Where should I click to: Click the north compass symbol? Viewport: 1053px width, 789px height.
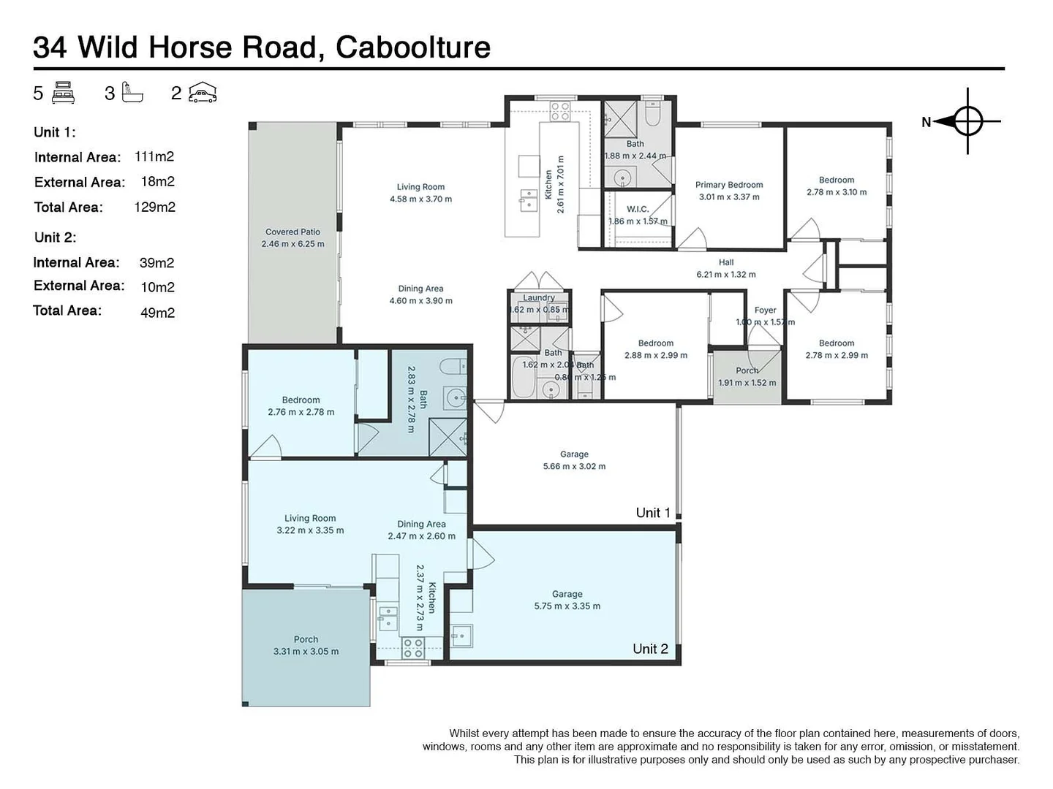[x=967, y=121]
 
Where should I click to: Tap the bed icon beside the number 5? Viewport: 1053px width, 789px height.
[x=64, y=93]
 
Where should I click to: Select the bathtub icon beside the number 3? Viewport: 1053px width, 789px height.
[x=132, y=93]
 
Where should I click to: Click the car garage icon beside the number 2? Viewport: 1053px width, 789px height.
[x=203, y=93]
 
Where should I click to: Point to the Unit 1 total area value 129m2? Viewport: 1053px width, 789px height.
[x=154, y=207]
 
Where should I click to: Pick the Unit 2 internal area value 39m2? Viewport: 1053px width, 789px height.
[x=156, y=263]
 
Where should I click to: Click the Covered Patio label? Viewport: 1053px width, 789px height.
[x=292, y=232]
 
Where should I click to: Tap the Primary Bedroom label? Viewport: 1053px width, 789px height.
[x=728, y=185]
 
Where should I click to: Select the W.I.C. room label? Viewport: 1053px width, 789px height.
[x=638, y=209]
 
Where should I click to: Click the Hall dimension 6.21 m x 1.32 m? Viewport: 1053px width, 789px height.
[x=725, y=275]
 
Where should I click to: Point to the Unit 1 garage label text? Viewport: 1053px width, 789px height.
[x=574, y=454]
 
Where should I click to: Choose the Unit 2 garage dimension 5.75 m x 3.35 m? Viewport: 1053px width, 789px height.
[x=567, y=606]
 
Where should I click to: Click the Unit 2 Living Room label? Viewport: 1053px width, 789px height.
[x=310, y=518]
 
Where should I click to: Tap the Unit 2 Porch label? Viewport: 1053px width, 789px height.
[x=306, y=639]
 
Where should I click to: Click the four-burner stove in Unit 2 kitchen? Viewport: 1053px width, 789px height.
[x=413, y=647]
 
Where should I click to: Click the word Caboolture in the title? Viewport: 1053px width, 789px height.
[x=412, y=47]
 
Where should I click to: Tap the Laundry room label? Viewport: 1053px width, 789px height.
[x=538, y=297]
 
